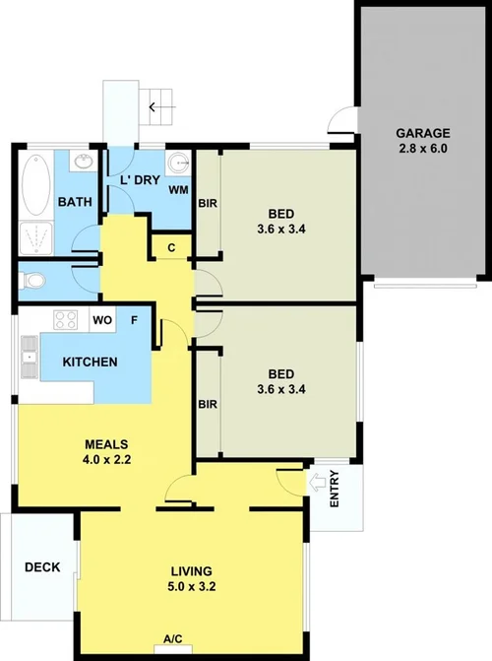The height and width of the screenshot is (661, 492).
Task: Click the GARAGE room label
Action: (422, 133)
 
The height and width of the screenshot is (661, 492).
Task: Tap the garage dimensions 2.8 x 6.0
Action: (422, 149)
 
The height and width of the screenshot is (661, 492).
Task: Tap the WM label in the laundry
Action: (178, 188)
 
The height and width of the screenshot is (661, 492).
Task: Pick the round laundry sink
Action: (178, 164)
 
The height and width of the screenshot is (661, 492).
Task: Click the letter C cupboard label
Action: (171, 248)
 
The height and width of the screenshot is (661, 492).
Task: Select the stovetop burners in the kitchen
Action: (66, 319)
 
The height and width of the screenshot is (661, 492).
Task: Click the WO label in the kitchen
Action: (100, 320)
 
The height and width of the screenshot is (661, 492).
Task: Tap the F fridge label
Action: (134, 320)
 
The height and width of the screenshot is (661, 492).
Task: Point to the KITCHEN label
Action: (90, 362)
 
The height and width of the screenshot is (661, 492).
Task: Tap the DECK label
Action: (42, 567)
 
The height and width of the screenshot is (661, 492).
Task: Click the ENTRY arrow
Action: (318, 483)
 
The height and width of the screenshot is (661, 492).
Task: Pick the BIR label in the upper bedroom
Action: (208, 205)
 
